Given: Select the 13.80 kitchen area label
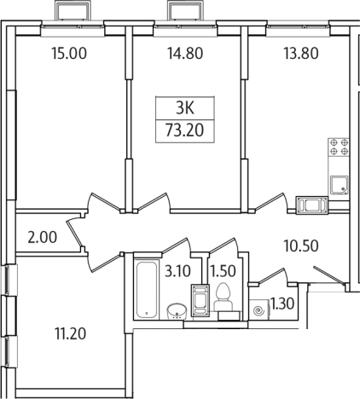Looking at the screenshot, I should [x=299, y=53].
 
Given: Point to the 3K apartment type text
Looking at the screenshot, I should [x=184, y=109].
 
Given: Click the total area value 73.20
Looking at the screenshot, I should [x=184, y=131].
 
